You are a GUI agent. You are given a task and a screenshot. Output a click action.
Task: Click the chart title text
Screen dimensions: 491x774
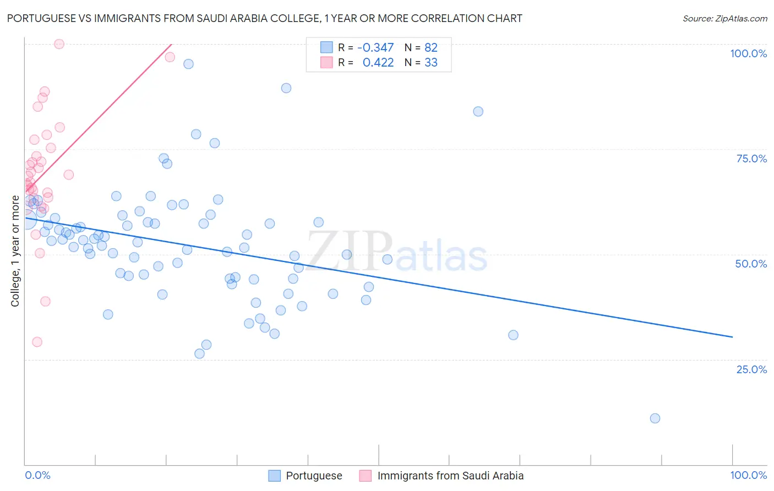(x=264, y=18)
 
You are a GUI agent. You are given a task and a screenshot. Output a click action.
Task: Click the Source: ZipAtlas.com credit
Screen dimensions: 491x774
(x=724, y=18)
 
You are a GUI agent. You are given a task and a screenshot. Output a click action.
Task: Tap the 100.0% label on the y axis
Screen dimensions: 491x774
(x=748, y=53)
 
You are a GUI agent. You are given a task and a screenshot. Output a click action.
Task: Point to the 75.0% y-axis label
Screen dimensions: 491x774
(x=751, y=159)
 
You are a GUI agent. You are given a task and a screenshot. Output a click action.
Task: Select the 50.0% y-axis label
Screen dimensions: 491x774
(x=751, y=264)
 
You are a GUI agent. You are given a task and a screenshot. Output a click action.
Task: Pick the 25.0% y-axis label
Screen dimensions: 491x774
(x=751, y=369)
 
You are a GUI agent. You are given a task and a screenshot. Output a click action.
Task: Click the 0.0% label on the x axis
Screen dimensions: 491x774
(x=37, y=475)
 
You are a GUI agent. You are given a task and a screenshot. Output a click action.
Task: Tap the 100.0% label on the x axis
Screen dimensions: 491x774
(x=748, y=475)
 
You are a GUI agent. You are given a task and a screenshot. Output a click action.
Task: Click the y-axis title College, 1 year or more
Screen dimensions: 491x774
(x=15, y=251)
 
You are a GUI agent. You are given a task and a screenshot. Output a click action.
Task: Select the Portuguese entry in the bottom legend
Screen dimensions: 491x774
(x=314, y=476)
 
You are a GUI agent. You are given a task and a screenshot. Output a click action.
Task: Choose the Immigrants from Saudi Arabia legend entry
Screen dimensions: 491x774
(x=450, y=476)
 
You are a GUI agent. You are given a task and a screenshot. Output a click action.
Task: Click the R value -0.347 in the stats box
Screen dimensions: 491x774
(x=375, y=48)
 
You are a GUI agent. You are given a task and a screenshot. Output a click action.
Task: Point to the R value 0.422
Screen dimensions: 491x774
(x=378, y=63)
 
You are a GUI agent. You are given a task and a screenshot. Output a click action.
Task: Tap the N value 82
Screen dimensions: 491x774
(x=431, y=48)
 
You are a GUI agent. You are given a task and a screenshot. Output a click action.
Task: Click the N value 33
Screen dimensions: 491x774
(x=431, y=63)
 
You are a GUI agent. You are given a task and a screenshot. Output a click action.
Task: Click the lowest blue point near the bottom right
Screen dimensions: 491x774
(x=655, y=418)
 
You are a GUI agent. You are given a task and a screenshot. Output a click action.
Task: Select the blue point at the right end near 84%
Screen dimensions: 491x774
(x=478, y=112)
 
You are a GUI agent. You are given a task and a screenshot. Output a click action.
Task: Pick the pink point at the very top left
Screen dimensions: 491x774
(x=59, y=44)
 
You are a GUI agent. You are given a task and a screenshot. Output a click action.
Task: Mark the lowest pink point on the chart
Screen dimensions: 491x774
(x=37, y=342)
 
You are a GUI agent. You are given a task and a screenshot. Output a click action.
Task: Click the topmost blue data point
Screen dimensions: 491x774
(x=188, y=64)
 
